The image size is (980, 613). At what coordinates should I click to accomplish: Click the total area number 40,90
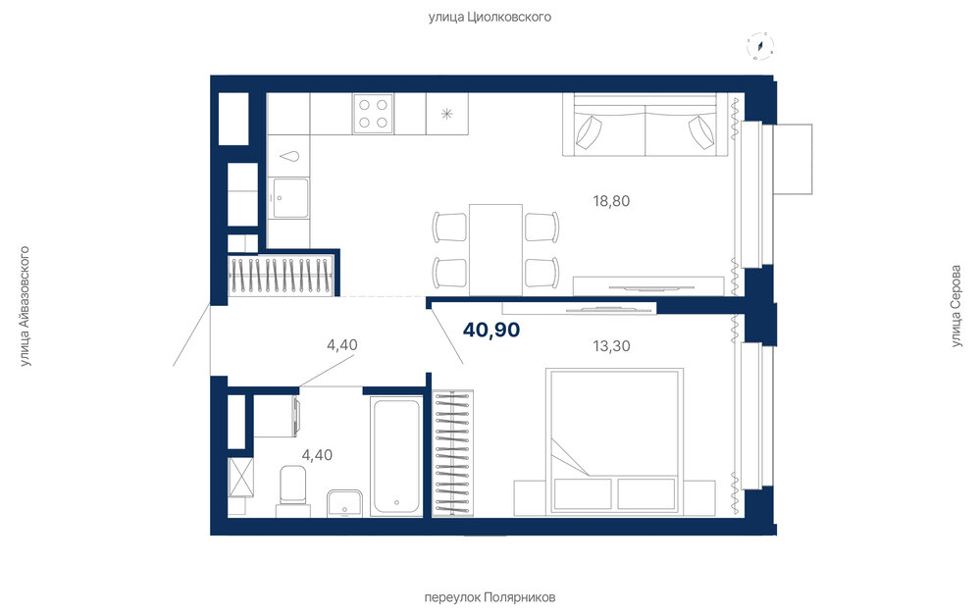pyautogui.click(x=491, y=330)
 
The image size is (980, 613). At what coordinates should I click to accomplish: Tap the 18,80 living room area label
pyautogui.click(x=611, y=201)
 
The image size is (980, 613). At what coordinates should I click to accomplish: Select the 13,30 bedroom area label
pyautogui.click(x=611, y=345)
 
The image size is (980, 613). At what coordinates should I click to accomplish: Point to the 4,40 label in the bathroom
pyautogui.click(x=317, y=455)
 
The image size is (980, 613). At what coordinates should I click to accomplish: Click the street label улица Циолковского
pyautogui.click(x=490, y=17)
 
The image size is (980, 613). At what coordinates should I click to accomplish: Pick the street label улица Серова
pyautogui.click(x=955, y=306)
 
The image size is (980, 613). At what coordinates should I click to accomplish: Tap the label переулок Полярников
pyautogui.click(x=490, y=597)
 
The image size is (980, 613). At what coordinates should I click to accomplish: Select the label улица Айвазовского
pyautogui.click(x=25, y=306)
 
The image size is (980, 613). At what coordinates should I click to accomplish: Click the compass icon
pyautogui.click(x=760, y=46)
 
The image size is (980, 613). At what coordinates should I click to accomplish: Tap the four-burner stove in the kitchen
pyautogui.click(x=373, y=113)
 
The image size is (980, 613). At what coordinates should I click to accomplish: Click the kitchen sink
pyautogui.click(x=288, y=198)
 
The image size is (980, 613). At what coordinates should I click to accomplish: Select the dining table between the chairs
pyautogui.click(x=495, y=249)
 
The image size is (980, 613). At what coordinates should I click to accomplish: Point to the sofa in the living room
pyautogui.click(x=645, y=125)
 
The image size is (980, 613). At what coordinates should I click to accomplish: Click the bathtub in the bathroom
pyautogui.click(x=396, y=456)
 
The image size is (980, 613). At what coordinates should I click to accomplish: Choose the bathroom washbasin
pyautogui.click(x=344, y=503)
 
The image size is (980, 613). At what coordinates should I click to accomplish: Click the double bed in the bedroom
pyautogui.click(x=614, y=441)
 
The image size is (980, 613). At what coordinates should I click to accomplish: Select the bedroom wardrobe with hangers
pyautogui.click(x=452, y=454)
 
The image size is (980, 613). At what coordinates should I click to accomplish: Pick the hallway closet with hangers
pyautogui.click(x=282, y=275)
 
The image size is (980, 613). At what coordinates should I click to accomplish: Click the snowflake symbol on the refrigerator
pyautogui.click(x=447, y=114)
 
